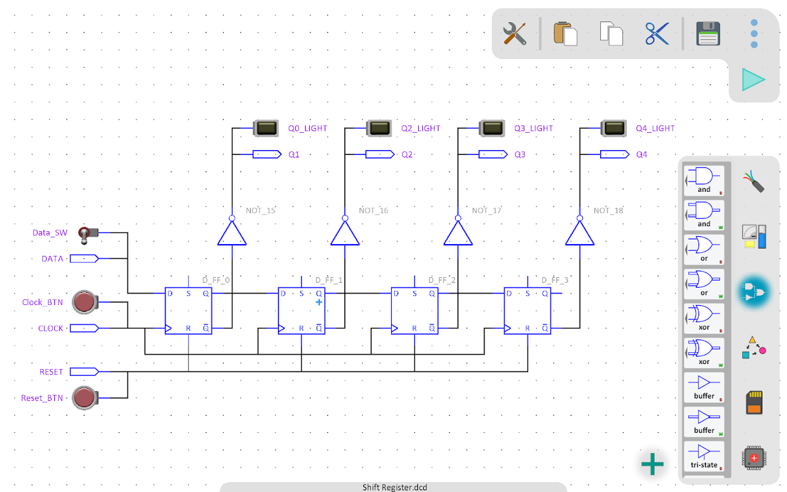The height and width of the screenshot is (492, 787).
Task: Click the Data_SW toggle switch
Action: tap(85, 234)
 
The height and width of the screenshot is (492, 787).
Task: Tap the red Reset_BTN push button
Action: tap(84, 398)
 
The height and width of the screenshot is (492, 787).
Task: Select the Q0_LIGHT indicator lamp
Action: tap(266, 128)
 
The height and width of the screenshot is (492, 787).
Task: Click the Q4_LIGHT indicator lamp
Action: tap(612, 128)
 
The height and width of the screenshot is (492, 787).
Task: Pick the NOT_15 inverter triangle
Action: tap(232, 234)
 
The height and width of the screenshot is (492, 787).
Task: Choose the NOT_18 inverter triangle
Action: tap(580, 234)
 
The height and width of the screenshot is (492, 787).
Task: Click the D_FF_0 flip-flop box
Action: tap(189, 311)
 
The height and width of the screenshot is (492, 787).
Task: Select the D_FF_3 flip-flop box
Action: tap(528, 311)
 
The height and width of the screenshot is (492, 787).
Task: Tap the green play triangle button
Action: tap(753, 80)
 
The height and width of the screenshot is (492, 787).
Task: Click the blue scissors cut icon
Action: tap(657, 33)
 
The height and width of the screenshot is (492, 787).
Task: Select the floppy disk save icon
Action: tap(708, 33)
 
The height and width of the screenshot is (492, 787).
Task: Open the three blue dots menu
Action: tap(754, 33)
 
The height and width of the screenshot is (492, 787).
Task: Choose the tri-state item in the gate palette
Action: tap(704, 456)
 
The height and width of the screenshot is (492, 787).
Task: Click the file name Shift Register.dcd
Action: tap(394, 487)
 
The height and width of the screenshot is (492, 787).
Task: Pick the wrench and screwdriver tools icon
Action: tap(515, 33)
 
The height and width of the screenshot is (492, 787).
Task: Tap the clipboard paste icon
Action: tap(565, 33)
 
